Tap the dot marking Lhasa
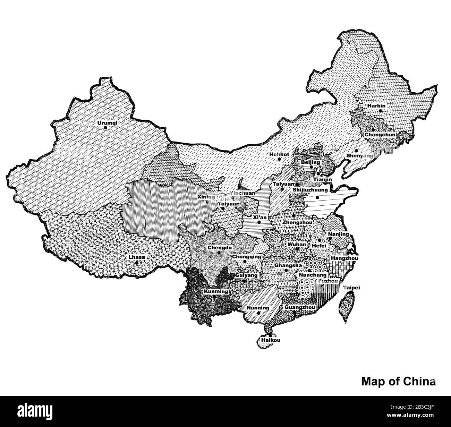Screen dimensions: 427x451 137,263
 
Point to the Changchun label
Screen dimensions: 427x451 378,134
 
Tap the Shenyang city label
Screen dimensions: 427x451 360,156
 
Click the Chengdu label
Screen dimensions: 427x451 219,248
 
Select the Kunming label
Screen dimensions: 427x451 216,291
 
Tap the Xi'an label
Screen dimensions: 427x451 260,217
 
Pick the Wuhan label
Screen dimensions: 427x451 297,245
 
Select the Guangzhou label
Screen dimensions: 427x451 299,307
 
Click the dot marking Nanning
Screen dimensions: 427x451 259,313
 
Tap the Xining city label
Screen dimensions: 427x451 206,197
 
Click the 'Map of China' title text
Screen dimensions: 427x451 399,381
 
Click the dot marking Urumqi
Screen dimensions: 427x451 105,128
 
